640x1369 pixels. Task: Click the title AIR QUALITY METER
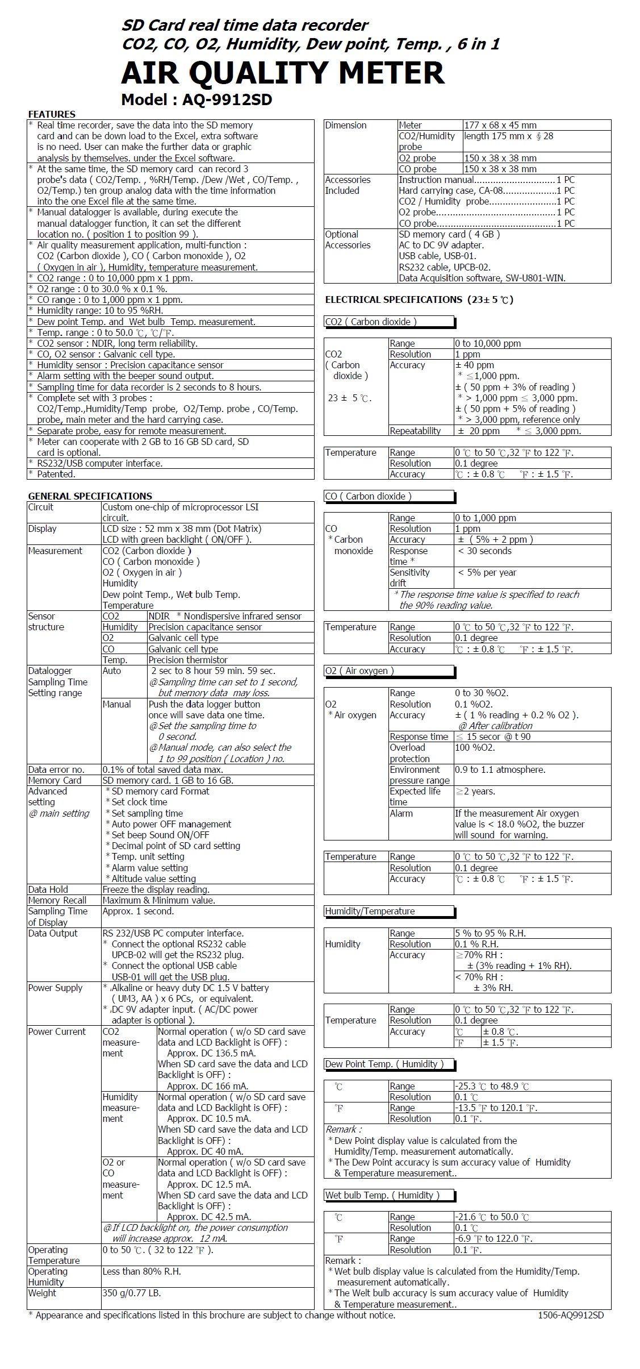point(282,73)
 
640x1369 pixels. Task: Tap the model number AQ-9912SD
point(227,100)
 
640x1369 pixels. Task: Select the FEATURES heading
point(52,114)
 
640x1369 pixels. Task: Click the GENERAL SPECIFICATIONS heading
point(90,496)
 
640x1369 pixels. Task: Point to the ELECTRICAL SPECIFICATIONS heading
point(419,299)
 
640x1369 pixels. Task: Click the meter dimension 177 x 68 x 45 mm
point(500,125)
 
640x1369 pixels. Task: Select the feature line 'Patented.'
point(56,474)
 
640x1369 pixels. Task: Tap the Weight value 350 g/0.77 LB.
point(132,1293)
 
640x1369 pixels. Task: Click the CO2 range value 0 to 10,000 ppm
point(488,343)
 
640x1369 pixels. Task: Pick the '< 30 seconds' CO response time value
point(484,551)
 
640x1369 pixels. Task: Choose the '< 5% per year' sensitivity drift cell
point(487,572)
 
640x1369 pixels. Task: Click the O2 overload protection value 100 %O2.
point(475,747)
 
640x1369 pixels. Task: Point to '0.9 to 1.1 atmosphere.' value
point(500,769)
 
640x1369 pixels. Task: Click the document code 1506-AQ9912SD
point(571,1315)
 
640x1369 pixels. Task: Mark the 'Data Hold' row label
point(48,889)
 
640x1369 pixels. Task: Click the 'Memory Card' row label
point(55,780)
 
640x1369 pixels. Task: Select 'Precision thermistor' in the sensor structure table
point(188,660)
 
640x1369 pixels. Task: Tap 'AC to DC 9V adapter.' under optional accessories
point(441,245)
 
